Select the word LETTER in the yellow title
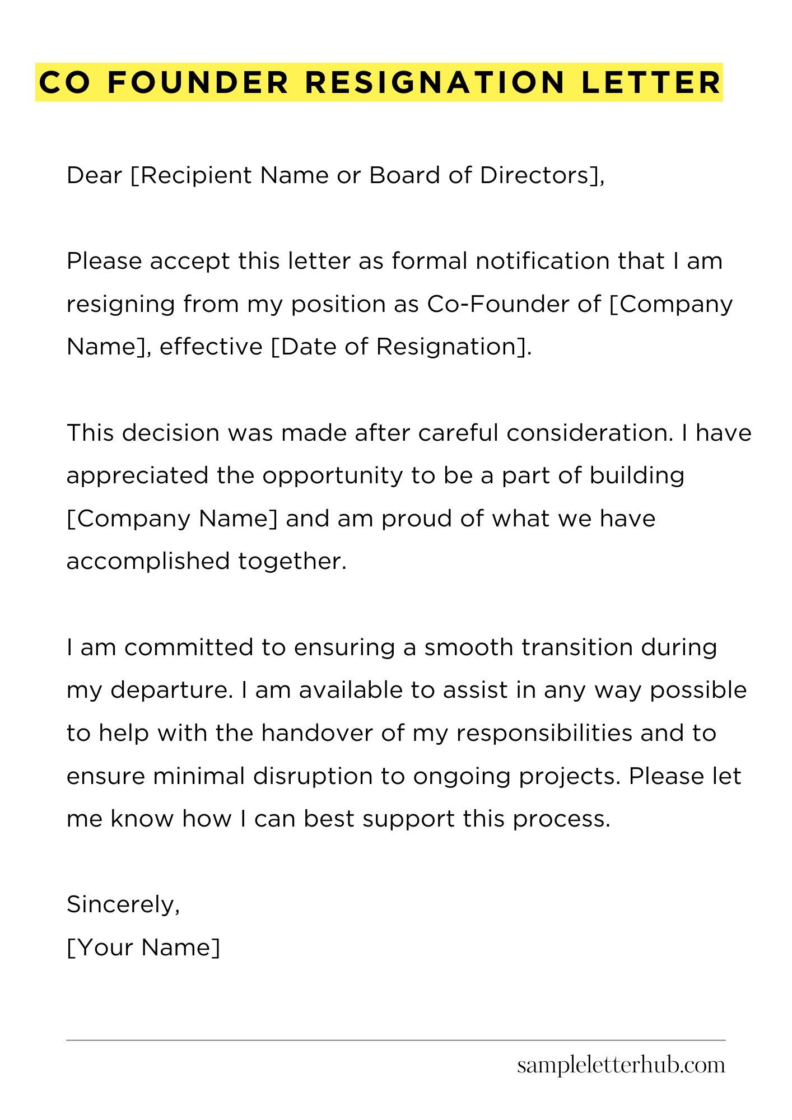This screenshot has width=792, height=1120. pos(651,83)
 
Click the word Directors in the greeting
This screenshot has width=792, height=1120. pos(540,176)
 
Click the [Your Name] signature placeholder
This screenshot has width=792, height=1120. pos(143,948)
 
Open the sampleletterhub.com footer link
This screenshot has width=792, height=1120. pos(621,1065)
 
